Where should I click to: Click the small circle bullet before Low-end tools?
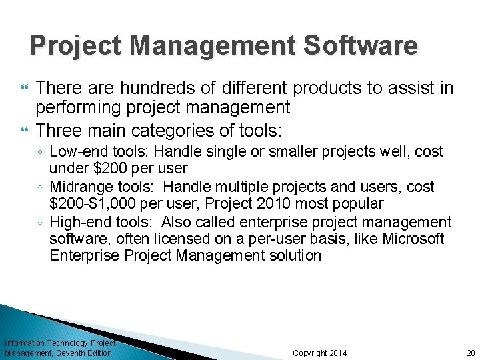[41, 153]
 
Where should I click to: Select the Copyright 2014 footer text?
[320, 353]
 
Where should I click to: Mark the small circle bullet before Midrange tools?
[41, 187]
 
